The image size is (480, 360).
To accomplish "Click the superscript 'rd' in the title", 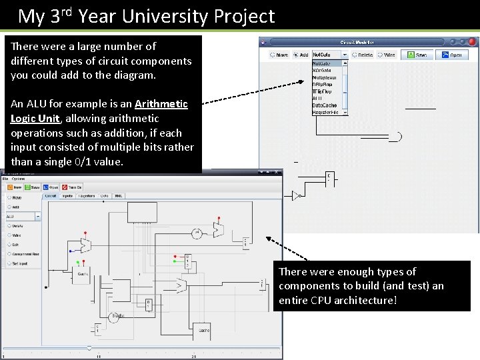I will [x=67, y=10].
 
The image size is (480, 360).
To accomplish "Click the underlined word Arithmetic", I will [x=161, y=103].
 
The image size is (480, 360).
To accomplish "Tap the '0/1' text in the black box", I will [x=99, y=161].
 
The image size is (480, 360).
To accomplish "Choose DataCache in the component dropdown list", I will [x=325, y=105].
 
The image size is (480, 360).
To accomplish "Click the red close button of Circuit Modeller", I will [x=473, y=42].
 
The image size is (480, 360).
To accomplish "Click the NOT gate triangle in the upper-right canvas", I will [x=296, y=195].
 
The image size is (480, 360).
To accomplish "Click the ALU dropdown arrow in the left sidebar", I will [x=38, y=216].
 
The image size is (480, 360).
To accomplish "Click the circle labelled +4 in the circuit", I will [x=197, y=233].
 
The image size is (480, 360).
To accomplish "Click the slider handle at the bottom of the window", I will [x=89, y=348].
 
